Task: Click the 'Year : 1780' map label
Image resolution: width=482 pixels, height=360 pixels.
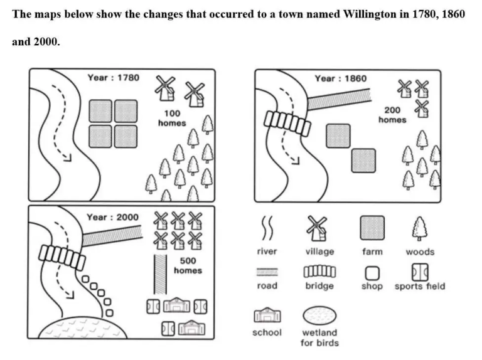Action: pyautogui.click(x=114, y=78)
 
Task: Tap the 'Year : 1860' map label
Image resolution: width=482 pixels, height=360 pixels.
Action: pyautogui.click(x=341, y=78)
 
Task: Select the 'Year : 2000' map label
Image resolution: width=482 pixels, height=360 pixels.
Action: pyautogui.click(x=112, y=217)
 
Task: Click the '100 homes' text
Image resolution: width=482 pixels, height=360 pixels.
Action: pyautogui.click(x=172, y=118)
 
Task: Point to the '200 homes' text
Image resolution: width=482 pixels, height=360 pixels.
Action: pyautogui.click(x=392, y=114)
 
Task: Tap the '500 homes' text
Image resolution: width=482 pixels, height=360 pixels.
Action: pyautogui.click(x=188, y=265)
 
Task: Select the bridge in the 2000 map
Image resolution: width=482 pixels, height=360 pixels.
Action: pyautogui.click(x=62, y=256)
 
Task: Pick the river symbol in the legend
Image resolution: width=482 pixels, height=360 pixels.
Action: pyautogui.click(x=267, y=230)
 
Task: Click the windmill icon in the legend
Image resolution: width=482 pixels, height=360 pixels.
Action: pyautogui.click(x=319, y=228)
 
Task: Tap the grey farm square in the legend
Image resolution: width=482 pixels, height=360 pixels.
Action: pyautogui.click(x=372, y=228)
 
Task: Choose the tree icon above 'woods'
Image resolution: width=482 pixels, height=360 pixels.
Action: pyautogui.click(x=419, y=228)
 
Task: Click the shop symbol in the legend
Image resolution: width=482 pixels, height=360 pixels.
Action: pyautogui.click(x=372, y=273)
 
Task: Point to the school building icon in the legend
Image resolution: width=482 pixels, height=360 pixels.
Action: pyautogui.click(x=267, y=316)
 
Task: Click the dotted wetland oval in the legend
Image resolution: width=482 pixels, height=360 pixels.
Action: pyautogui.click(x=319, y=315)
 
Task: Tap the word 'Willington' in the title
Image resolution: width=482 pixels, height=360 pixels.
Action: pyautogui.click(x=374, y=14)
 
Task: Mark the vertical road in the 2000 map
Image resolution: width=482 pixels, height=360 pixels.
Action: pyautogui.click(x=160, y=274)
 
